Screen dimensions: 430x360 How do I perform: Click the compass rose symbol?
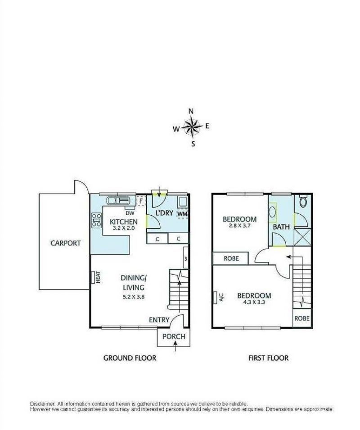[192, 127]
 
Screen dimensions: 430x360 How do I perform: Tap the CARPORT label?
[66, 243]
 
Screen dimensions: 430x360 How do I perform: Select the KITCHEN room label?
[123, 222]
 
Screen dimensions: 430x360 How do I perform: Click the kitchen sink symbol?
[118, 200]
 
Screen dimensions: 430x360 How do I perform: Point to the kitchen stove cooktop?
[96, 220]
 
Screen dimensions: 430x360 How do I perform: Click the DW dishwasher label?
[130, 213]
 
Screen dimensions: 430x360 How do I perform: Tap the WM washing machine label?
[182, 213]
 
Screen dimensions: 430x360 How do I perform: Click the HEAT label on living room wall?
[96, 277]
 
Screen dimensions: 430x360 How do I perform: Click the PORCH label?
[174, 337]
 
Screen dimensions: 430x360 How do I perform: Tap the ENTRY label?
[159, 320]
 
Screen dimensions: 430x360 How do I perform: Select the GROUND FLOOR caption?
[130, 358]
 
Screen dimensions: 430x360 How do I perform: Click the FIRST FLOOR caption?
[268, 358]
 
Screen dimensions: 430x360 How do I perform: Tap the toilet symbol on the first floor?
[303, 202]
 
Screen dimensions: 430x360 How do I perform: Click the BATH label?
[281, 227]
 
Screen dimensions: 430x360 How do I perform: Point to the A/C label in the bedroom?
[221, 297]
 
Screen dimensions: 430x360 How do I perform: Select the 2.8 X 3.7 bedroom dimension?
[239, 227]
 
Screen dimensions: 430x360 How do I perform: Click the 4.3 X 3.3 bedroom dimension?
[254, 303]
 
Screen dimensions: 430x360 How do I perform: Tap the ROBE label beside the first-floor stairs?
[302, 317]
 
